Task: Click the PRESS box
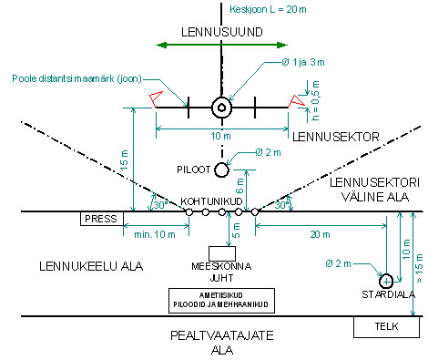(x=102, y=219)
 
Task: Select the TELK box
(x=386, y=327)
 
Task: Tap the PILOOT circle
(x=221, y=170)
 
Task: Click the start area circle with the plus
(x=386, y=282)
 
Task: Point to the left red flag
(x=156, y=98)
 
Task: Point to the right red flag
(x=296, y=101)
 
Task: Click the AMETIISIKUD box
(x=221, y=301)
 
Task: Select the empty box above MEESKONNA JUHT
(x=222, y=253)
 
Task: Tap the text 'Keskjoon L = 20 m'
(x=268, y=9)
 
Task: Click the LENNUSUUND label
(x=222, y=32)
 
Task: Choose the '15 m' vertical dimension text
(x=125, y=160)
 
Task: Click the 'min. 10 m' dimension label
(x=155, y=234)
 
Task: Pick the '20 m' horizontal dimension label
(x=320, y=234)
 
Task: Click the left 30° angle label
(x=161, y=205)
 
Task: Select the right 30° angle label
(x=282, y=205)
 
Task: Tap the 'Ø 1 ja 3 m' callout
(x=303, y=62)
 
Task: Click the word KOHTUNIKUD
(x=211, y=201)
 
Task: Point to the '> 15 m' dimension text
(x=419, y=268)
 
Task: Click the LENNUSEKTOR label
(x=336, y=137)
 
